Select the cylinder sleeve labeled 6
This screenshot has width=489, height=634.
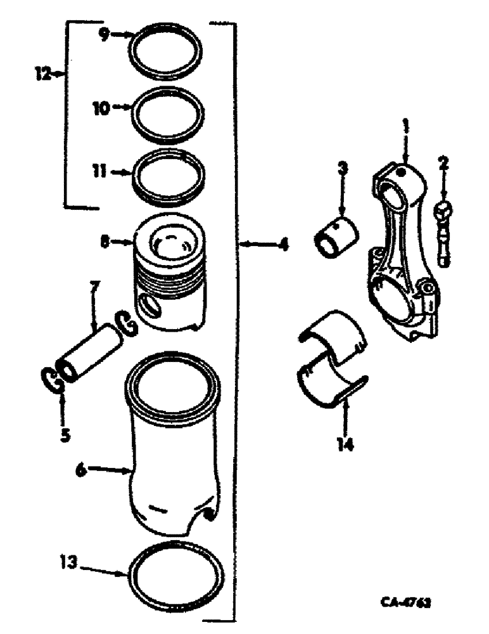pos(171,456)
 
